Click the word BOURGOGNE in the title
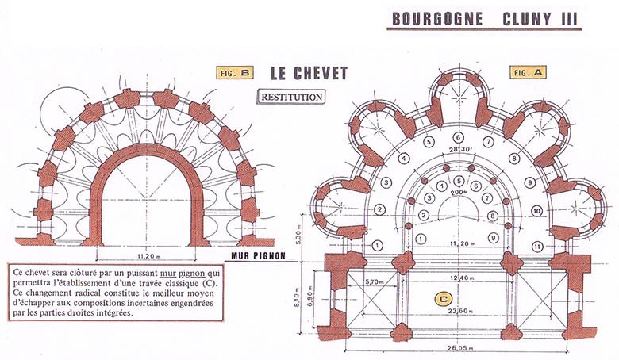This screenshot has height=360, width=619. (437, 19)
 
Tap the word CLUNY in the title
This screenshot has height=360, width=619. (528, 19)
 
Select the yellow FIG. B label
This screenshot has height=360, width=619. (235, 73)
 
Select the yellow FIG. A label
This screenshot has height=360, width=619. (529, 72)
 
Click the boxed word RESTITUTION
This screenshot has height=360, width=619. (291, 97)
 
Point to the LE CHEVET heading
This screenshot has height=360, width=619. (309, 73)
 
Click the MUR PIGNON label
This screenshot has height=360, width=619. (258, 256)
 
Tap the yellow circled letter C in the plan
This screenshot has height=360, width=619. (444, 299)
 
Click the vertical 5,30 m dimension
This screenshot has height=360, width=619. (298, 237)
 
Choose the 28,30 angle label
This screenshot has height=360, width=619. (459, 149)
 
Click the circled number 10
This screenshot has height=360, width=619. (536, 211)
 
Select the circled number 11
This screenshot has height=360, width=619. (537, 247)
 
